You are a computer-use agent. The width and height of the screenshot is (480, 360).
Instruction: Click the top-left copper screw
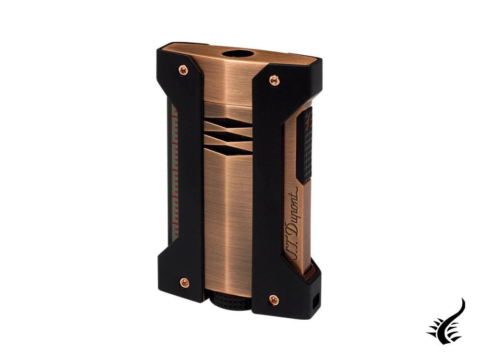click(183, 70)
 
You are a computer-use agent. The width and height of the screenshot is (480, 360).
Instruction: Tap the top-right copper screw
click(274, 80)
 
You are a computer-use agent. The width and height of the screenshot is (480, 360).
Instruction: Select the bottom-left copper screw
click(184, 283)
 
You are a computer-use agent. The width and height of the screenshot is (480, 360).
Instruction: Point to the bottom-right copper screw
click(274, 300)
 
